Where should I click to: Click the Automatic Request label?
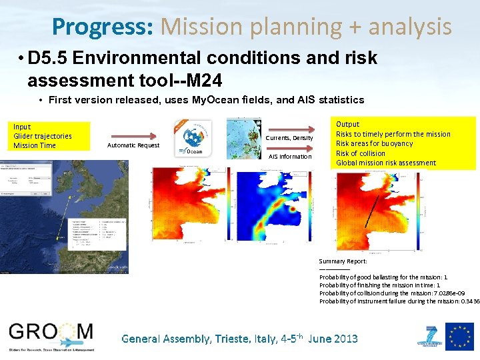coord(133,145)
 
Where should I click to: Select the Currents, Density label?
coord(289,138)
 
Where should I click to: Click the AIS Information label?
coord(289,157)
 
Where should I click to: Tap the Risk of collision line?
coord(360,153)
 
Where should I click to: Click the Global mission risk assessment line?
coord(386,163)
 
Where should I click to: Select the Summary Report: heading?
coord(343,261)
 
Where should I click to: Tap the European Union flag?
coord(459,337)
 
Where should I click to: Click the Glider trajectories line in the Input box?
coord(43,136)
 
